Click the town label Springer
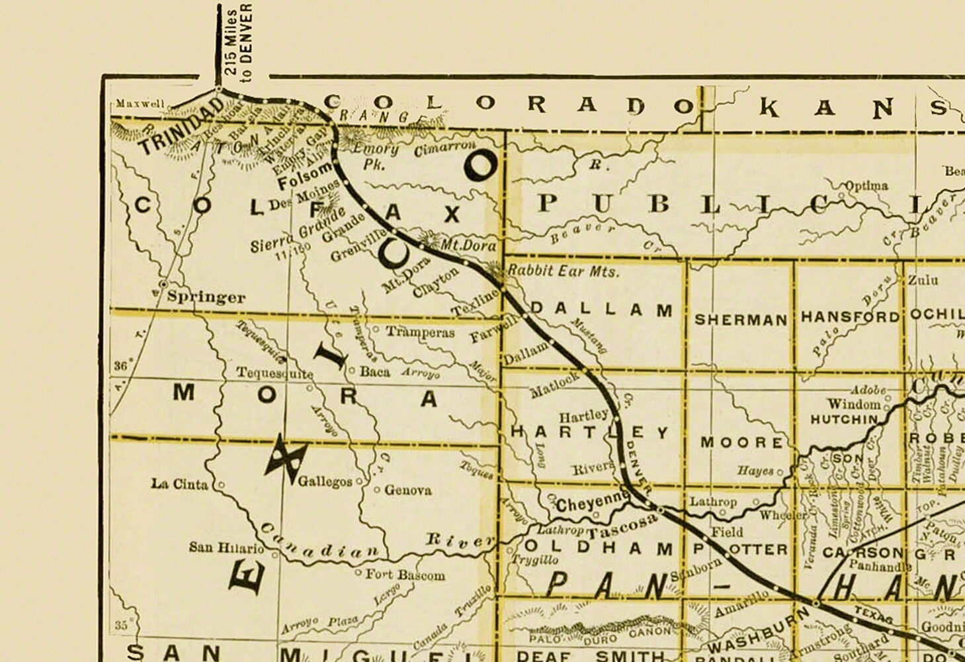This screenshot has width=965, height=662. (206, 297)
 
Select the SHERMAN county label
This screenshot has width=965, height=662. (741, 320)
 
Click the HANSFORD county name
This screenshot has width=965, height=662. (850, 317)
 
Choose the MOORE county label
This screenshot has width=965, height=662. (742, 442)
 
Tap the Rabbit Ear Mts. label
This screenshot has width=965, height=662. (564, 271)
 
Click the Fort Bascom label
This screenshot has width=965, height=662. (405, 575)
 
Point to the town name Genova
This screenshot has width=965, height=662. (407, 491)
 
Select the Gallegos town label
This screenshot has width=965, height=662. (325, 481)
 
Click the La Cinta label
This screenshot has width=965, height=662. (179, 484)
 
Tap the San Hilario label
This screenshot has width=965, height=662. (226, 547)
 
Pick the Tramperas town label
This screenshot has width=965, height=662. (420, 332)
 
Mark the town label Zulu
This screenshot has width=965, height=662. (922, 280)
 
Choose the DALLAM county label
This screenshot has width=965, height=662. (602, 309)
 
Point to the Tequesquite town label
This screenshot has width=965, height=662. (274, 373)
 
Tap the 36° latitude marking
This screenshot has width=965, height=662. (120, 365)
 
